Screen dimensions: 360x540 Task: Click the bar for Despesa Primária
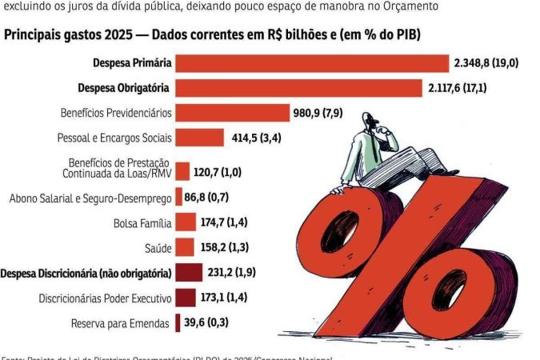point(312,63)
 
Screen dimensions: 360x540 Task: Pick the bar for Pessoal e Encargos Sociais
point(199,138)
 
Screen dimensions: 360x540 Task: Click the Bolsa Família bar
point(185,222)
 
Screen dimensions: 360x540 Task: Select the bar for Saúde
point(184,247)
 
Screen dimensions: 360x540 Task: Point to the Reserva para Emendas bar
point(177,322)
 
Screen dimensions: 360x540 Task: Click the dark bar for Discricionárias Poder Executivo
point(185,298)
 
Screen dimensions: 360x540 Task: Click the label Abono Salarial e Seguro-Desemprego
point(89,197)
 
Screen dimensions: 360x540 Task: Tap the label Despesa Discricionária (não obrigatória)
point(86,273)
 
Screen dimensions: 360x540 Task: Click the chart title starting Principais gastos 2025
point(213,36)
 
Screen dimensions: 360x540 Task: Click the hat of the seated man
point(369,118)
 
